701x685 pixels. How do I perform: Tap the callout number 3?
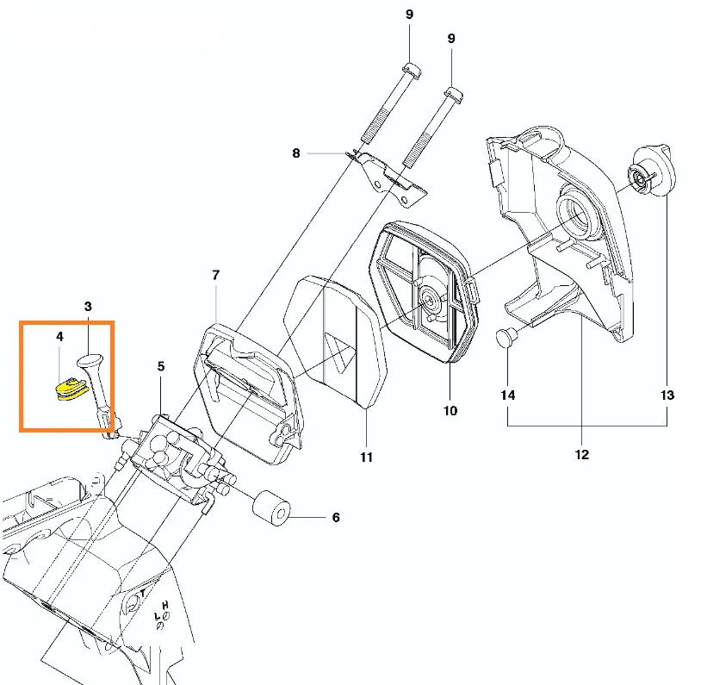[88, 306]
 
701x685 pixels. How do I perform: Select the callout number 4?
[59, 337]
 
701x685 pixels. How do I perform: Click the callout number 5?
[161, 366]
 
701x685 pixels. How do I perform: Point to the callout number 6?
[335, 518]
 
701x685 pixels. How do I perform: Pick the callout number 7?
[215, 275]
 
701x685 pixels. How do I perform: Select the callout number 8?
[296, 153]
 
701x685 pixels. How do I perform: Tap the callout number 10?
[450, 410]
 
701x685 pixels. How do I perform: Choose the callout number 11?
[366, 457]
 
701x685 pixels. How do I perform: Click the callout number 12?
[581, 454]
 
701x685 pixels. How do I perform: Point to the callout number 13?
[667, 395]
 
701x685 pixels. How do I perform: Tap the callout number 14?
[508, 395]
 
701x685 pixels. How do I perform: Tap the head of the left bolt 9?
[411, 70]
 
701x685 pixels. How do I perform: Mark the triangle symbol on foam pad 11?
[343, 354]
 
